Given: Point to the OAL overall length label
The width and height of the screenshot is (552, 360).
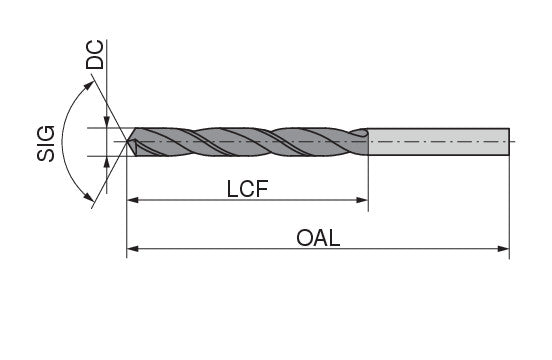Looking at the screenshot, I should point(319,239).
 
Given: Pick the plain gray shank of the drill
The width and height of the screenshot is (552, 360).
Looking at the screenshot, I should point(440,142).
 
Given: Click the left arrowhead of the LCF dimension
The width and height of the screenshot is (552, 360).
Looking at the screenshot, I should point(132,202).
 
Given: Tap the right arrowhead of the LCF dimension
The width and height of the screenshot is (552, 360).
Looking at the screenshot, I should point(363,202).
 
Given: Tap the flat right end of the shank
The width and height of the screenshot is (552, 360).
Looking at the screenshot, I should point(509,142).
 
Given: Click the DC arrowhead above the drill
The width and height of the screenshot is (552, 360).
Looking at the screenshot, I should point(107,124).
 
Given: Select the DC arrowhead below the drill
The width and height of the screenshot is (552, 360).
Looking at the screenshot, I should point(107,161).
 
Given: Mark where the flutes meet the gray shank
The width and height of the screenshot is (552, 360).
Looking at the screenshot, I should point(368,142).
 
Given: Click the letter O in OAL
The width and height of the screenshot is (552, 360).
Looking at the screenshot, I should point(303,239).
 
